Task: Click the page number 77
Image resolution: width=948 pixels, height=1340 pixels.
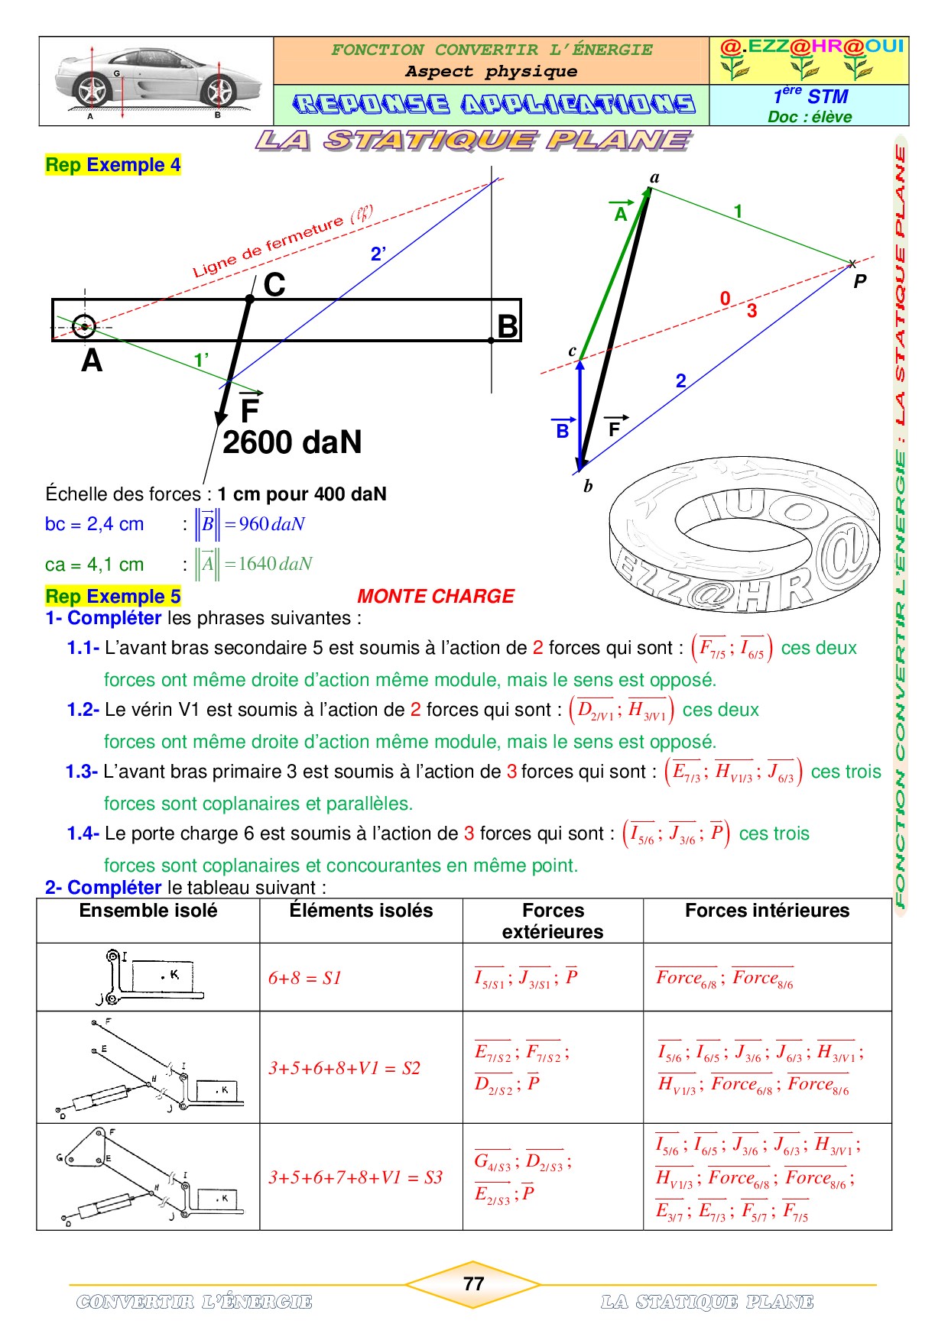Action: (473, 1283)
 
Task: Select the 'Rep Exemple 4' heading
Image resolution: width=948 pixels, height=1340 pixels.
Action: (113, 165)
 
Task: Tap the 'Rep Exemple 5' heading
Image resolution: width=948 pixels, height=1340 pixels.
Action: (113, 596)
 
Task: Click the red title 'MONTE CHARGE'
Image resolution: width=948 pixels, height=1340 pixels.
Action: (436, 596)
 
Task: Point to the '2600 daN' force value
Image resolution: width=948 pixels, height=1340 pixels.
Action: (292, 442)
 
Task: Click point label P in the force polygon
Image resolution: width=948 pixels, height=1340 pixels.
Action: (860, 281)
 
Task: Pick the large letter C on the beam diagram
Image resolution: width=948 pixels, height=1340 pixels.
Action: (274, 285)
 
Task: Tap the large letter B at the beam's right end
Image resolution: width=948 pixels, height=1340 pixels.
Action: (508, 326)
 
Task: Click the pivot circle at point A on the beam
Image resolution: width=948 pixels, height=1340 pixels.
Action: (84, 327)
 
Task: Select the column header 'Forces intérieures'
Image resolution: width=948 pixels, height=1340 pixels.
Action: (767, 911)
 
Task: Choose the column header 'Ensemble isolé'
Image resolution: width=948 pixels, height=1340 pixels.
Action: (148, 911)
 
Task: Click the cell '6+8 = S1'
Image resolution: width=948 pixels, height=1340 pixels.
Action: (304, 978)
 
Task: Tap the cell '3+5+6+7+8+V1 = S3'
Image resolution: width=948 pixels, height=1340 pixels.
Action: (355, 1177)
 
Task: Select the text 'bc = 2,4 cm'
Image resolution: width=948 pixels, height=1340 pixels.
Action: (94, 524)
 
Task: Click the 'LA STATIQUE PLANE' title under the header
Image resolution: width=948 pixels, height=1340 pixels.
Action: (473, 141)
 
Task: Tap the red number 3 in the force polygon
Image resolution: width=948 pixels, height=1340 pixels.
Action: (752, 310)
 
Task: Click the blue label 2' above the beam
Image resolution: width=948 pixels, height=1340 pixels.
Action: (378, 254)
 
